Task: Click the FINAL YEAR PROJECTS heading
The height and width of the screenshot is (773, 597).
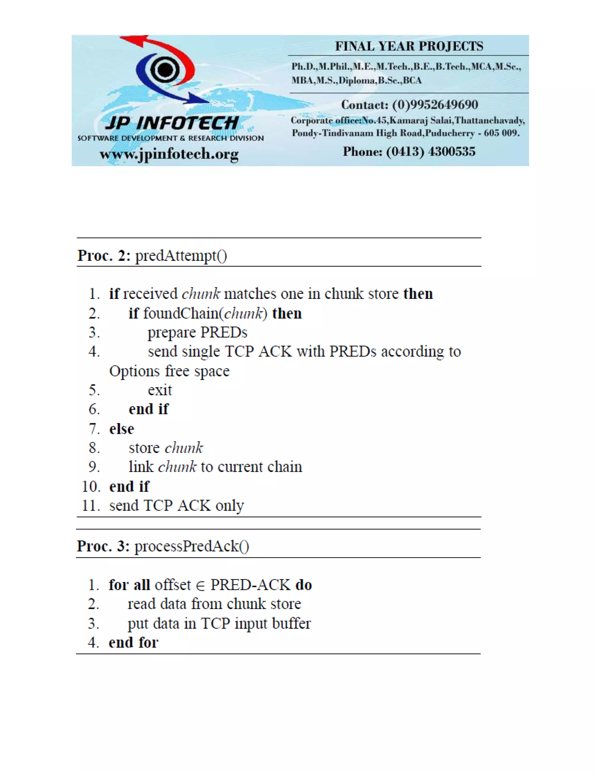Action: [409, 46]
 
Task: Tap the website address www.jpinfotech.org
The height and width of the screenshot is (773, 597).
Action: [169, 154]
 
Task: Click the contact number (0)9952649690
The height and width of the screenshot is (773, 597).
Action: [435, 105]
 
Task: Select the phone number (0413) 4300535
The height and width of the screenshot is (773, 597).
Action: [431, 151]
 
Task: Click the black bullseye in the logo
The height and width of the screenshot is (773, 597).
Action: [165, 69]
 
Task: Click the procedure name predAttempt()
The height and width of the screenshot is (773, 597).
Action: [181, 256]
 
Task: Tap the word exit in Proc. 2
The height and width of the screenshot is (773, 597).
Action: [159, 390]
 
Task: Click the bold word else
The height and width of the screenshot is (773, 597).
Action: [122, 429]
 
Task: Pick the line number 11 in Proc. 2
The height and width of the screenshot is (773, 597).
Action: [90, 506]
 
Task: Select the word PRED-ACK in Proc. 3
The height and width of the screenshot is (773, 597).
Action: [250, 585]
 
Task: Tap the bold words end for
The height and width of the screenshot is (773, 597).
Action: [133, 642]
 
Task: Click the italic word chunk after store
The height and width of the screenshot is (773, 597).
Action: [184, 448]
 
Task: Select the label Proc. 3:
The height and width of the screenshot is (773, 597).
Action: [103, 546]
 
